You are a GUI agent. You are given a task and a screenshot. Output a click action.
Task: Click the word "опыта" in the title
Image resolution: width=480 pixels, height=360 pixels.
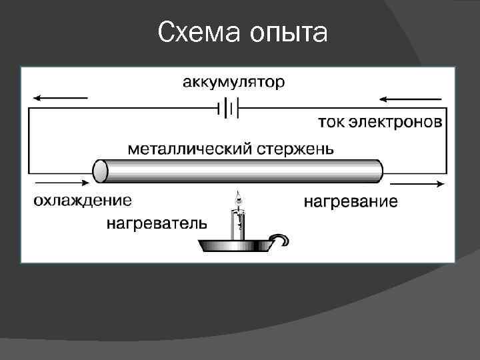point(288,33)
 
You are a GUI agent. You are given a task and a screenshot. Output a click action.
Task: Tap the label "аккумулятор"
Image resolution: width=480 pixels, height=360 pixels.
point(233,83)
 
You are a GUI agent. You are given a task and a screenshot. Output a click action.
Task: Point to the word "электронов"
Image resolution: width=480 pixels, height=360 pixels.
point(398,123)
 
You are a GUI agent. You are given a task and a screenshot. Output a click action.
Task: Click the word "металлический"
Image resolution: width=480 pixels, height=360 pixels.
point(189,147)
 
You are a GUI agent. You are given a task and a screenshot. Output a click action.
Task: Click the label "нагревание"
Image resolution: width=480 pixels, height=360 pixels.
point(351,201)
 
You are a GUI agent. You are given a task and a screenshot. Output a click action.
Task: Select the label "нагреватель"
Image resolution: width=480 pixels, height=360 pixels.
point(157,223)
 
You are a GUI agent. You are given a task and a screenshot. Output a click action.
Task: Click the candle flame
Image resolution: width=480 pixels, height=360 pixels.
point(239,198)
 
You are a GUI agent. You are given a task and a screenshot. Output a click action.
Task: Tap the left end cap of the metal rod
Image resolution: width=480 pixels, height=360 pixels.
point(100,171)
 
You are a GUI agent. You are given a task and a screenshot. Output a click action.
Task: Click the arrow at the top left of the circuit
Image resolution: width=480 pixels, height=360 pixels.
point(59,98)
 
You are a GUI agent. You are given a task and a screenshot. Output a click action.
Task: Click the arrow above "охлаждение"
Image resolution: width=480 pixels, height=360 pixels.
point(59,181)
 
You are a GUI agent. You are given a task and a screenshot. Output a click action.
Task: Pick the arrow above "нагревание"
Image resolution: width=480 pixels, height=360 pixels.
point(417,183)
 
